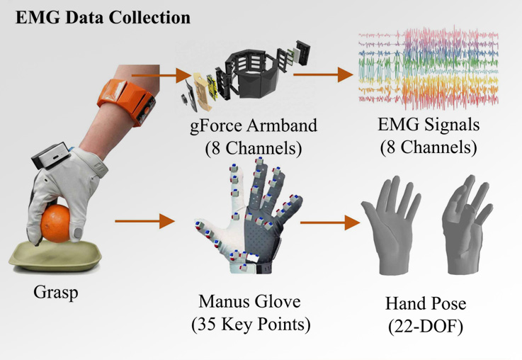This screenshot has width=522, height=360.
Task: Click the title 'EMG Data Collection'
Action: (102, 16)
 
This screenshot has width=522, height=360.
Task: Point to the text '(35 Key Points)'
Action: (246, 325)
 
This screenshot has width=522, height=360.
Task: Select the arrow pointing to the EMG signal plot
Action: (323, 73)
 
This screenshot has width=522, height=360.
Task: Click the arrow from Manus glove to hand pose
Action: (327, 224)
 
